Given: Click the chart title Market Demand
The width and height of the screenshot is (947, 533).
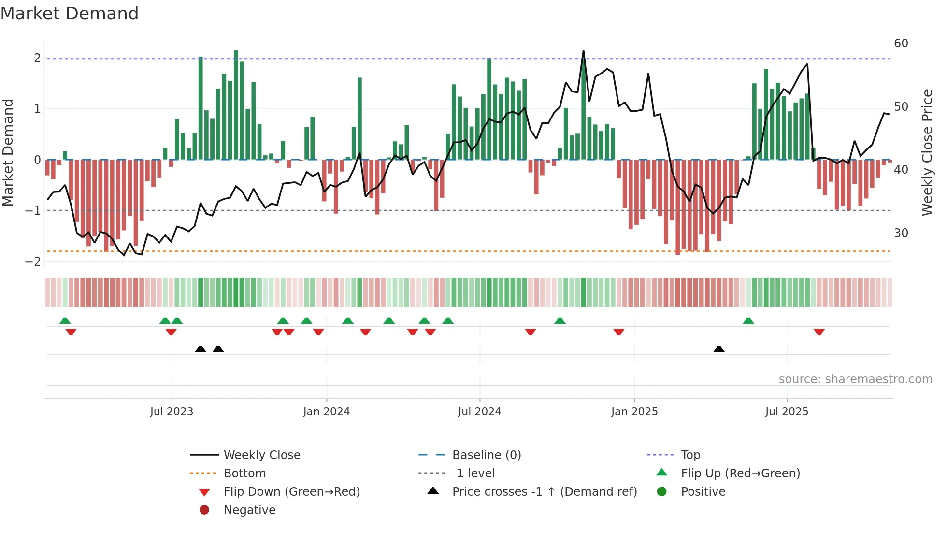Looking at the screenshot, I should click(x=70, y=14).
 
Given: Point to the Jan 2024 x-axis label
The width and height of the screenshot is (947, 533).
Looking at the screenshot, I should click(x=326, y=412).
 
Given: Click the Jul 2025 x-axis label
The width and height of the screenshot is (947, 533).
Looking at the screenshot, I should click(x=786, y=412).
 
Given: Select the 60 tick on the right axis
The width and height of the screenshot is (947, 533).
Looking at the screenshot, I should click(x=901, y=44).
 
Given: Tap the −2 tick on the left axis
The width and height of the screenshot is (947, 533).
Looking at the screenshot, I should click(x=33, y=262).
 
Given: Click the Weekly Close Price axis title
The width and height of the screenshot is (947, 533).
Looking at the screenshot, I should click(x=927, y=152).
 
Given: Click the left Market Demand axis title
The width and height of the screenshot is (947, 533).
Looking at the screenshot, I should click(x=8, y=152).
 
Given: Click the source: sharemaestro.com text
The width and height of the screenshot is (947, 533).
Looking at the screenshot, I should click(x=855, y=379).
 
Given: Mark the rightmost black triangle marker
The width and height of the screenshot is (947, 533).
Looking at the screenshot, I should click(x=718, y=349).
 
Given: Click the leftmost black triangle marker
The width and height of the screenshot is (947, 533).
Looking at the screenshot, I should click(x=201, y=349).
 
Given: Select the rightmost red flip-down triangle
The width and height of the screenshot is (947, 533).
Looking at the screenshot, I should click(x=818, y=332).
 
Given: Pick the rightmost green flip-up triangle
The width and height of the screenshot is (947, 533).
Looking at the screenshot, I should click(x=748, y=321).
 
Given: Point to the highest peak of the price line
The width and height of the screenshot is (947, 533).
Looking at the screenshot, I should click(x=583, y=51).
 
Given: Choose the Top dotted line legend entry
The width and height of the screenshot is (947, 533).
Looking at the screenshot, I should click(x=690, y=455).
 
